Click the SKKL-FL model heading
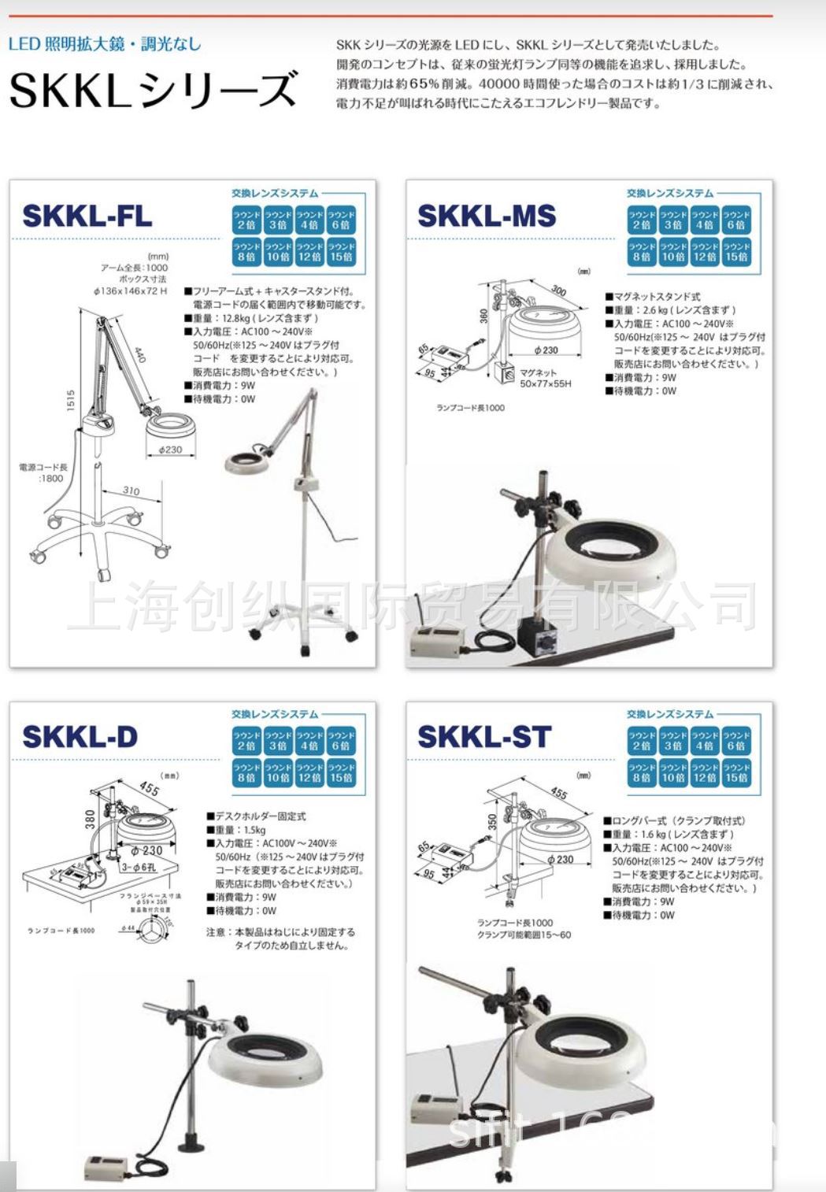[87, 216]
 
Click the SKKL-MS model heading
[487, 216]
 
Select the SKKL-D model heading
[80, 737]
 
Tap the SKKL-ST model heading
[484, 737]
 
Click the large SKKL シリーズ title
[154, 89]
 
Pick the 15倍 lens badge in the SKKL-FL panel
[341, 251]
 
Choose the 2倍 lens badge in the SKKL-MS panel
[641, 220]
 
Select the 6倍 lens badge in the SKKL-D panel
[341, 741]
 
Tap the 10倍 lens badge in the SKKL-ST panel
[672, 772]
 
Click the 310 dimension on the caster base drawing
[131, 491]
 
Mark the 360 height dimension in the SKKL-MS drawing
[484, 315]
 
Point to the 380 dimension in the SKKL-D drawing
[91, 819]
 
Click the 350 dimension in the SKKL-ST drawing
[492, 823]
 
